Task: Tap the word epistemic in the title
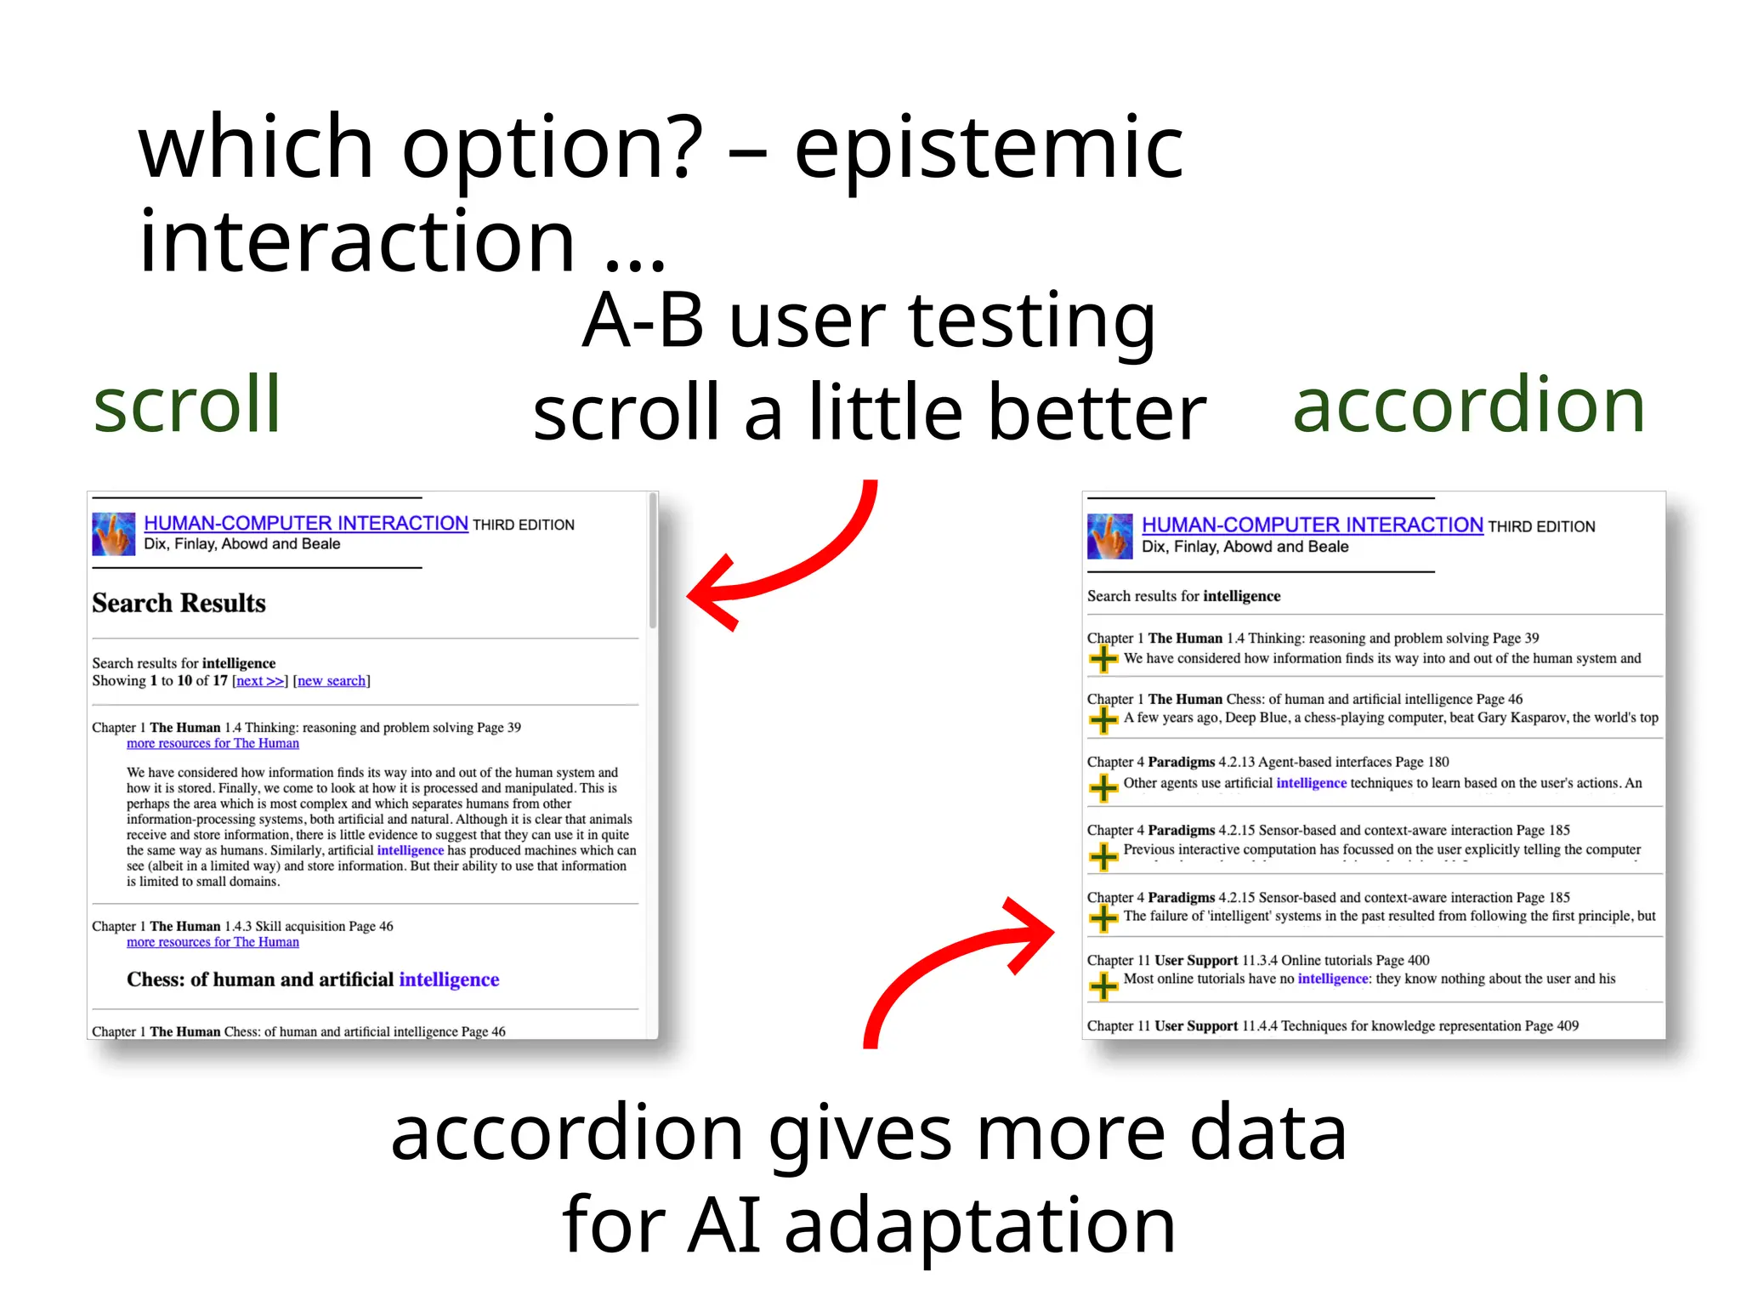click(988, 149)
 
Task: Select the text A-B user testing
click(869, 321)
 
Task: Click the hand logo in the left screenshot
click(114, 534)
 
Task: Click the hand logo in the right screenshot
click(1109, 536)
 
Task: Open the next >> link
click(259, 681)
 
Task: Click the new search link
click(332, 681)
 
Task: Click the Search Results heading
click(179, 603)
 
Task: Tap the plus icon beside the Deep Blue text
click(1103, 720)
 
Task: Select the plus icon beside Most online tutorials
click(1103, 985)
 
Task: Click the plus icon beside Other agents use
click(1103, 787)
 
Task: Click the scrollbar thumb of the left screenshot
click(653, 561)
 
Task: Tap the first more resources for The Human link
click(213, 743)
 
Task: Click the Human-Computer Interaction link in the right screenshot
click(1312, 525)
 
